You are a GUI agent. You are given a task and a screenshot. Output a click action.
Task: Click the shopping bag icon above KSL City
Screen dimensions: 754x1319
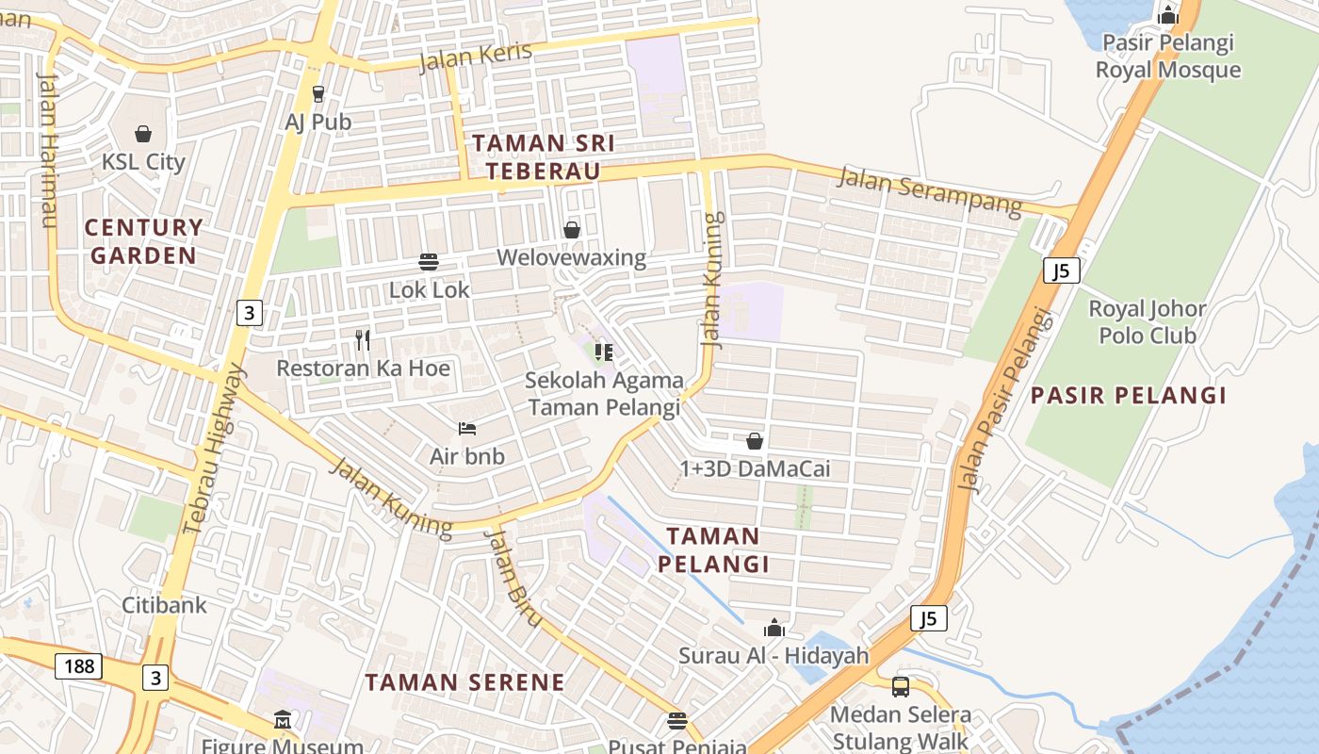click(x=143, y=134)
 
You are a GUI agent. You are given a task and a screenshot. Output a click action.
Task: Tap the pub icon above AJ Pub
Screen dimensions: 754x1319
click(x=318, y=93)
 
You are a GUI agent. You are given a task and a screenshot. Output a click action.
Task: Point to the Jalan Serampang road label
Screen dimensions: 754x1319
click(x=930, y=190)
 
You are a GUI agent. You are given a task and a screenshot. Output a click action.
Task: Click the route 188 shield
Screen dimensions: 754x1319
click(x=79, y=666)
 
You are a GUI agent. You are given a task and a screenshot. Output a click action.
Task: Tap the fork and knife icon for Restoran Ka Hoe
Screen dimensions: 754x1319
click(x=363, y=339)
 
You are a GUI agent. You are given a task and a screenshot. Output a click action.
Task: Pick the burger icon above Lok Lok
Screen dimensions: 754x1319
click(x=429, y=261)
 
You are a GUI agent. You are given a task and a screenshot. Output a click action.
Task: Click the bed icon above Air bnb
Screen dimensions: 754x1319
click(x=467, y=429)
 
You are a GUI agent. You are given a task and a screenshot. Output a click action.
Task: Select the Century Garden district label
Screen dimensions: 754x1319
click(x=144, y=241)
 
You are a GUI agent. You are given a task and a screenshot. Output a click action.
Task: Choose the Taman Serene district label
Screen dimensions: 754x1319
click(x=465, y=682)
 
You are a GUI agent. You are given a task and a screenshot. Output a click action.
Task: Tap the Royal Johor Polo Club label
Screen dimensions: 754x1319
click(x=1147, y=322)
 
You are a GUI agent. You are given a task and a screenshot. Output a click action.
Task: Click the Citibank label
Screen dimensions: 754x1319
click(x=164, y=604)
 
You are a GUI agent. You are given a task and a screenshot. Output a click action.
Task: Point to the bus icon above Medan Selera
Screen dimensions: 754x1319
click(x=901, y=686)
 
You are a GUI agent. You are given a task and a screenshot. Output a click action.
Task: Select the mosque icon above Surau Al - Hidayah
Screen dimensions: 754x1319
click(x=774, y=628)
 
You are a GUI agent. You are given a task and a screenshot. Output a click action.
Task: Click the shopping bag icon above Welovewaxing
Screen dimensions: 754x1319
click(x=572, y=230)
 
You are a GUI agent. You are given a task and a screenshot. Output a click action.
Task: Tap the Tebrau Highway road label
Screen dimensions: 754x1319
click(x=216, y=450)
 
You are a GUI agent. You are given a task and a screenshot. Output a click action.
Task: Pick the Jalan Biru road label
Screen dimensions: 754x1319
click(x=513, y=578)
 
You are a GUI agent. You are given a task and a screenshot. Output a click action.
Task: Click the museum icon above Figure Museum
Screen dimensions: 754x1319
click(x=283, y=721)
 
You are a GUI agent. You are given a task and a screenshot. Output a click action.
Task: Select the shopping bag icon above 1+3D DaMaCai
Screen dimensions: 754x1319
click(x=755, y=440)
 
